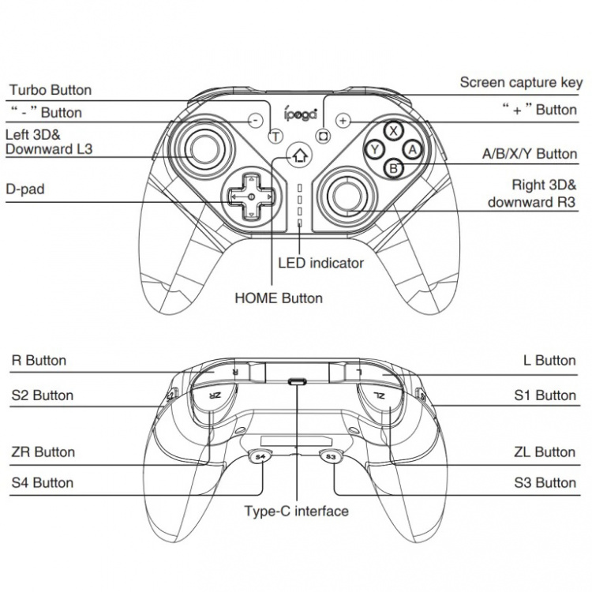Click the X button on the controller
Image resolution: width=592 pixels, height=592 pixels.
[x=392, y=129]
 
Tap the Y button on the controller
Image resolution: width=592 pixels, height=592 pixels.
[x=376, y=148]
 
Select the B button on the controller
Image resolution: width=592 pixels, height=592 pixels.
[x=393, y=167]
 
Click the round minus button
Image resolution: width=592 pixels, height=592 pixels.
[x=255, y=121]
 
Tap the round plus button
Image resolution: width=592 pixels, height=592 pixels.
[x=343, y=121]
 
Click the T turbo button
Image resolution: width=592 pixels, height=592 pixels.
[x=275, y=137]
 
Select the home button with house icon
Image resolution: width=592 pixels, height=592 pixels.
[x=299, y=155]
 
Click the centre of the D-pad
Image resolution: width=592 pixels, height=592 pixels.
[x=250, y=194]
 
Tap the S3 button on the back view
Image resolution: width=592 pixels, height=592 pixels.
[x=331, y=456]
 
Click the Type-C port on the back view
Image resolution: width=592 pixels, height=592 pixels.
[x=297, y=383]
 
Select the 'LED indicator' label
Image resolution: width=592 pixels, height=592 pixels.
[x=320, y=263]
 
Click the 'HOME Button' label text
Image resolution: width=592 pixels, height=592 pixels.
[x=279, y=298]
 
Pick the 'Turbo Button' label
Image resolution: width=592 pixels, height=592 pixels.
[x=51, y=90]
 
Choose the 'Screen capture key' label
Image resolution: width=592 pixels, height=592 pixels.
[x=521, y=82]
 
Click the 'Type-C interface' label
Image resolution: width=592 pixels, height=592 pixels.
[x=296, y=511]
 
